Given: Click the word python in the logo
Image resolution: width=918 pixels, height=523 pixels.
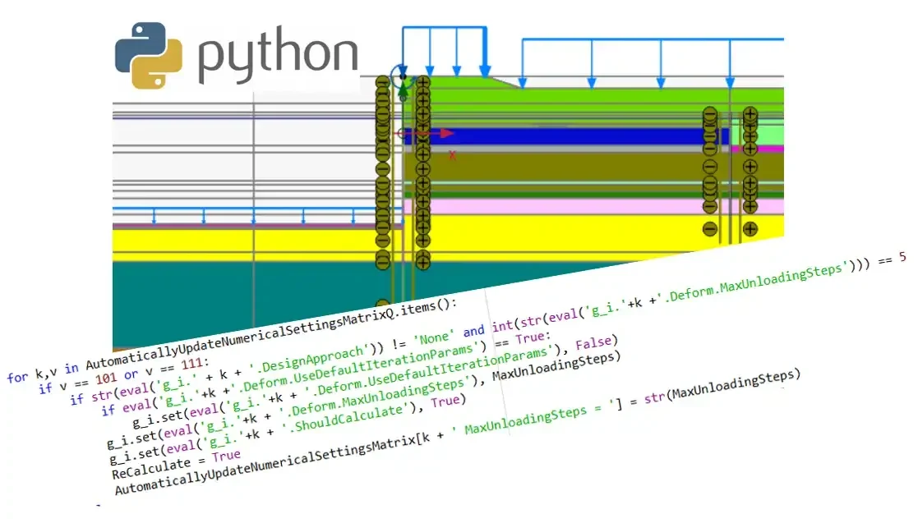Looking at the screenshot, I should click(277, 57).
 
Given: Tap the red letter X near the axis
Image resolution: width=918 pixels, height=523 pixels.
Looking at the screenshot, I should click(452, 154).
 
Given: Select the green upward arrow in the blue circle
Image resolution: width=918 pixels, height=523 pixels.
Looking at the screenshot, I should click(403, 88).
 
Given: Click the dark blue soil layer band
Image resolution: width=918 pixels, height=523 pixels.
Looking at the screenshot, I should click(559, 136).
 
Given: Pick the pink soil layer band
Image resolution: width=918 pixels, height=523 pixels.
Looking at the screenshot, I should click(559, 207).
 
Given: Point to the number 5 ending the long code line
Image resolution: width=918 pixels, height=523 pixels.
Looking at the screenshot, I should click(902, 257).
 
